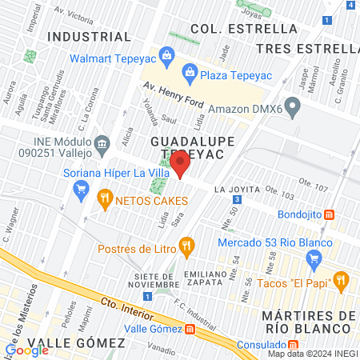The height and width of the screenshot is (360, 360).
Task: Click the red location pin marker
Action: coord(180,162)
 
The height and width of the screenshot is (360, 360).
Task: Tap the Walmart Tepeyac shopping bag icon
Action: coord(166,56)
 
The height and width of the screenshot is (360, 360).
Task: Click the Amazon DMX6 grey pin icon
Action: coord(293,105)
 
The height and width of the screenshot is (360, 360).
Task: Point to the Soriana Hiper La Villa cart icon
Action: coord(80,190)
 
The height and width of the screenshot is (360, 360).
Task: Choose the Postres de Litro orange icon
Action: coord(186,246)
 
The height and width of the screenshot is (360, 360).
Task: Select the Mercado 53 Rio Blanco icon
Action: coord(314,258)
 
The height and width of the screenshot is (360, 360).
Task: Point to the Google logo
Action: coord(27,350)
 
